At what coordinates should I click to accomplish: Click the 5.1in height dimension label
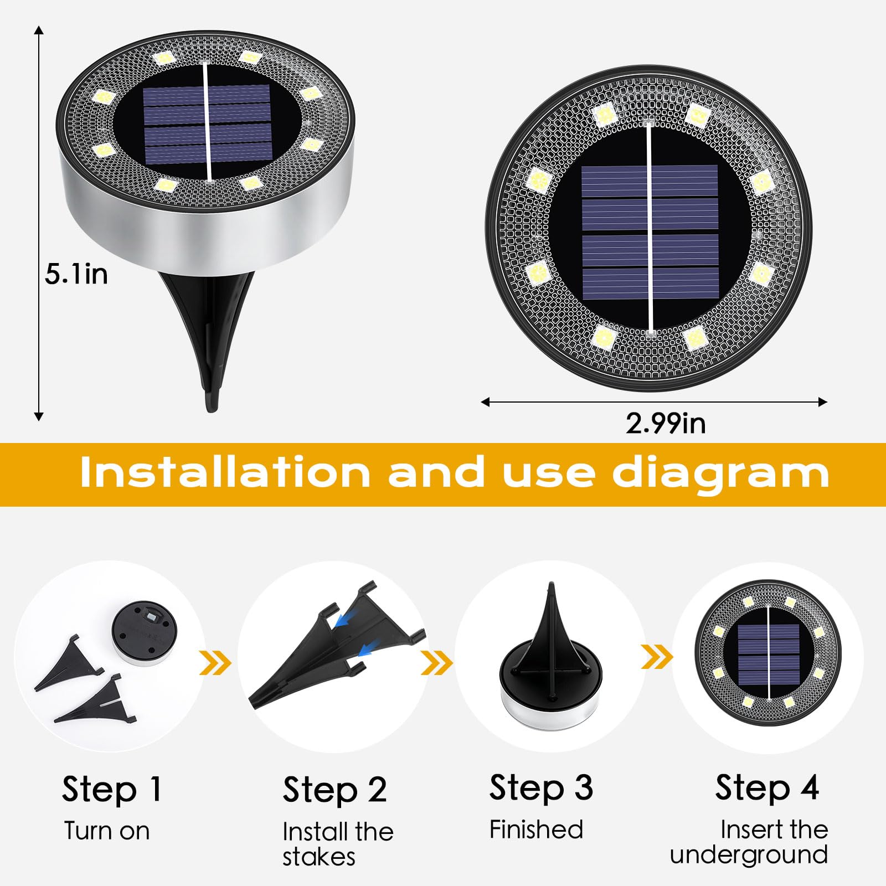click(x=76, y=274)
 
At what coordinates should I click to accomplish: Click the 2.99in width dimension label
click(x=665, y=424)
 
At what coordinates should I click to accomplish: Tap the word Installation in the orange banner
click(x=224, y=472)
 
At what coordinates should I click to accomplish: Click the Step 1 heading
click(x=111, y=789)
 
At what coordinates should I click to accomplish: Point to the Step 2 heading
click(x=334, y=790)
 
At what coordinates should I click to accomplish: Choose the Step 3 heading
click(x=540, y=787)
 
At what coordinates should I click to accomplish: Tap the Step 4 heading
click(x=766, y=787)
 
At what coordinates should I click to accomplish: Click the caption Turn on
click(x=106, y=831)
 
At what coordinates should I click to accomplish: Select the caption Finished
click(x=536, y=830)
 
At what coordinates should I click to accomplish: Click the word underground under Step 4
click(x=748, y=854)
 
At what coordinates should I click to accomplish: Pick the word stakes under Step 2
click(x=318, y=857)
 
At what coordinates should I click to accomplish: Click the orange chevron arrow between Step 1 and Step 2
click(x=215, y=663)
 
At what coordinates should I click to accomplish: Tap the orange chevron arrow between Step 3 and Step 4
click(x=657, y=657)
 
